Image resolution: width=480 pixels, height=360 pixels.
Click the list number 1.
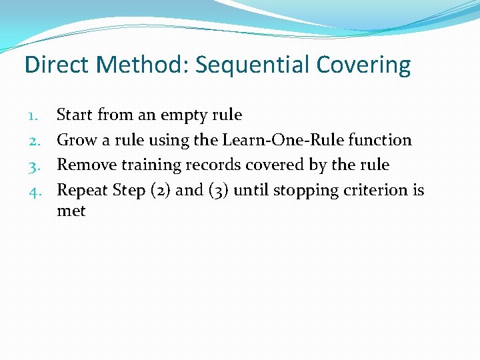[35, 115]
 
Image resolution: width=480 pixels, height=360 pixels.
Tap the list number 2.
[35, 140]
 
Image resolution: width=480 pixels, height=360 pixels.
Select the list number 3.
[35, 165]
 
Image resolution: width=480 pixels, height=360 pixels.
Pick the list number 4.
[35, 190]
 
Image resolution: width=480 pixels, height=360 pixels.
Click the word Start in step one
[75, 115]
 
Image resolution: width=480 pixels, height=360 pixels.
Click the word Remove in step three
[85, 165]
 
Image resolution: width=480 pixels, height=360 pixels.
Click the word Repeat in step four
[83, 191]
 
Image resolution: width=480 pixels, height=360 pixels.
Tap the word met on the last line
[71, 211]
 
